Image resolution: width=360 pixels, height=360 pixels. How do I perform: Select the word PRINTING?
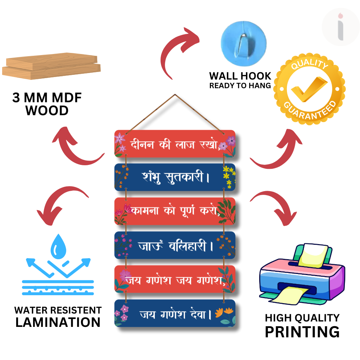(x=302, y=331)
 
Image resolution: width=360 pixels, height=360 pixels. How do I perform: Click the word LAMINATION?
(x=58, y=322)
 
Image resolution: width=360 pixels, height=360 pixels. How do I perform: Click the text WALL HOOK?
(x=240, y=76)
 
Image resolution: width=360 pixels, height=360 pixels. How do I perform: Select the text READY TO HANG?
(x=240, y=86)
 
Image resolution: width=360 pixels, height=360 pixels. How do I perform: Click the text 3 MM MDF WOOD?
(x=47, y=104)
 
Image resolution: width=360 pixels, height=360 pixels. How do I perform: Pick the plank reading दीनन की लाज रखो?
(x=175, y=144)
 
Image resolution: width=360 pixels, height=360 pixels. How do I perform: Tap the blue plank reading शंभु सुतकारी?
(x=175, y=177)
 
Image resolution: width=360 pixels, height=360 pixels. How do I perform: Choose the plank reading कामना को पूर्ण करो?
(x=175, y=211)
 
